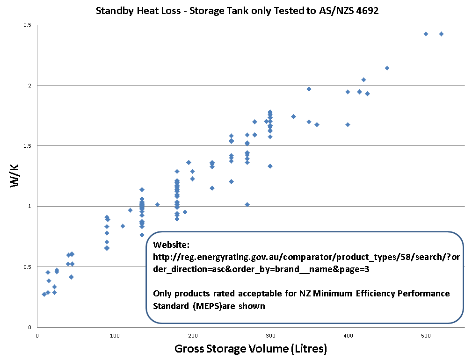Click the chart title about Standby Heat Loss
(x=237, y=11)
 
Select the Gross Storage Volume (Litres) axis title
(x=250, y=349)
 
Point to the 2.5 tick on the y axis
(x=28, y=25)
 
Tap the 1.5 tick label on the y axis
(x=28, y=146)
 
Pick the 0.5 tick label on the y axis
(x=28, y=267)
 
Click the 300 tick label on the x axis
(x=270, y=335)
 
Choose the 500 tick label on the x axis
(x=426, y=335)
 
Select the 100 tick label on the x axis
(x=115, y=335)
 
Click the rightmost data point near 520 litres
(x=441, y=34)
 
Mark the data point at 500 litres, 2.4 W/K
(x=426, y=34)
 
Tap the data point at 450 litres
(x=387, y=68)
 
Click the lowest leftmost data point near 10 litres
(x=44, y=294)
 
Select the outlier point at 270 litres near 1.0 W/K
(x=247, y=204)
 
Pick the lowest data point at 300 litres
(x=270, y=166)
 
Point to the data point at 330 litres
(x=293, y=116)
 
